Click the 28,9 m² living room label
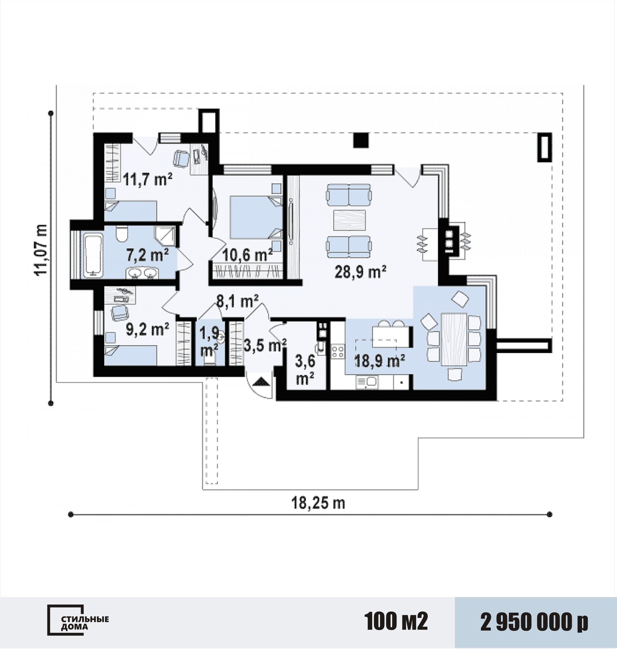360,272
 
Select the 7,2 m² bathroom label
147,254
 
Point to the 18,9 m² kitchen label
380,361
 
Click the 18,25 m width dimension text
318,503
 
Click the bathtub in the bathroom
93,255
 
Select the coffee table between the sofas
349,219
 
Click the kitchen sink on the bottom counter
367,382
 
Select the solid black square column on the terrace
361,140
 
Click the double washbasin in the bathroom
142,273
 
